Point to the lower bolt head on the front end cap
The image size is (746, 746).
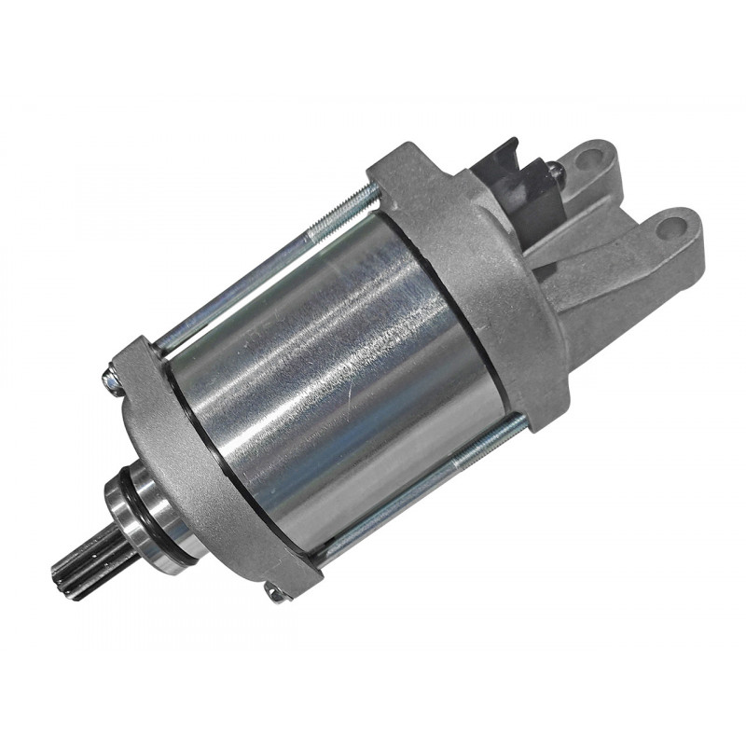click(276, 591)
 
